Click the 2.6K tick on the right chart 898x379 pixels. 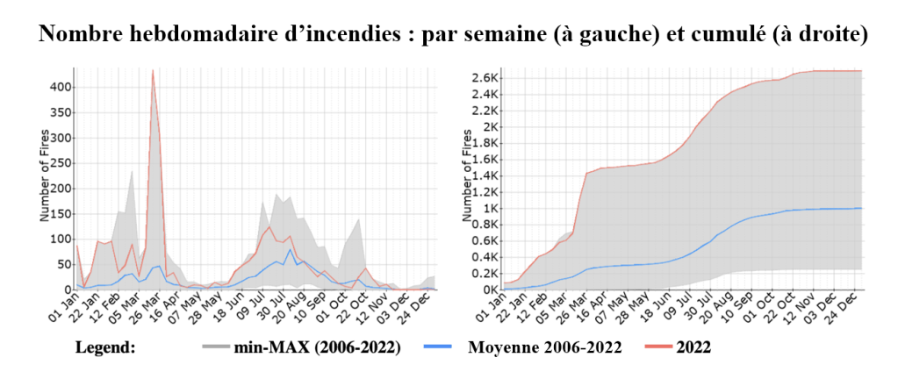[485, 77]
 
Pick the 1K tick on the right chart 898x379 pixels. [490, 208]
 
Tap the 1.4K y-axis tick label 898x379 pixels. [485, 175]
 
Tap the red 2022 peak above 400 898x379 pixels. [153, 71]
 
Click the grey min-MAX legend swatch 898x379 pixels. [215, 348]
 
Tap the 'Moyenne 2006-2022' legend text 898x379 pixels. [544, 348]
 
